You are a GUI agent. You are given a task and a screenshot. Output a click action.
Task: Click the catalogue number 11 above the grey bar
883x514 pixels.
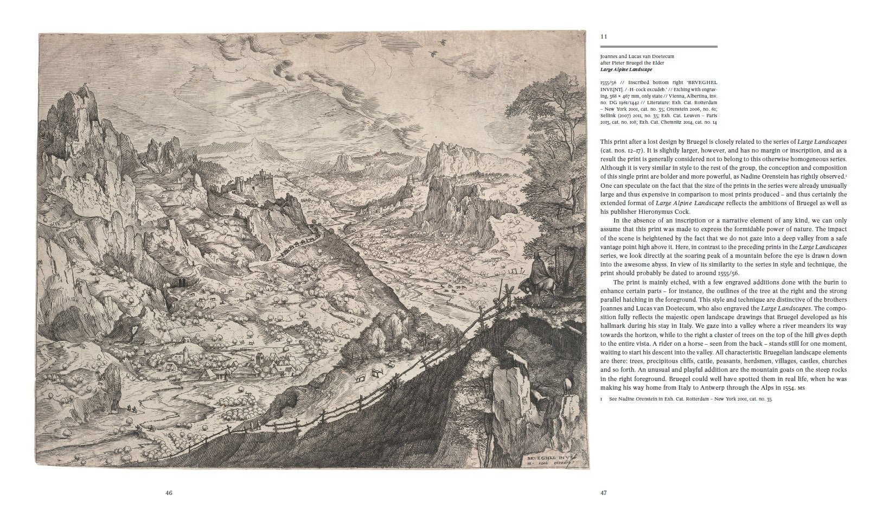coord(603,37)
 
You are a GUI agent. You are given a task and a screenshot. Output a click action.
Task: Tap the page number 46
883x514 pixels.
coord(169,493)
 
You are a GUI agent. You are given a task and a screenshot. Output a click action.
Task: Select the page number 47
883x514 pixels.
coord(604,493)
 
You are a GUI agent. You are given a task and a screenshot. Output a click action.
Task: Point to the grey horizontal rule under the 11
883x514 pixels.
coord(658,47)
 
